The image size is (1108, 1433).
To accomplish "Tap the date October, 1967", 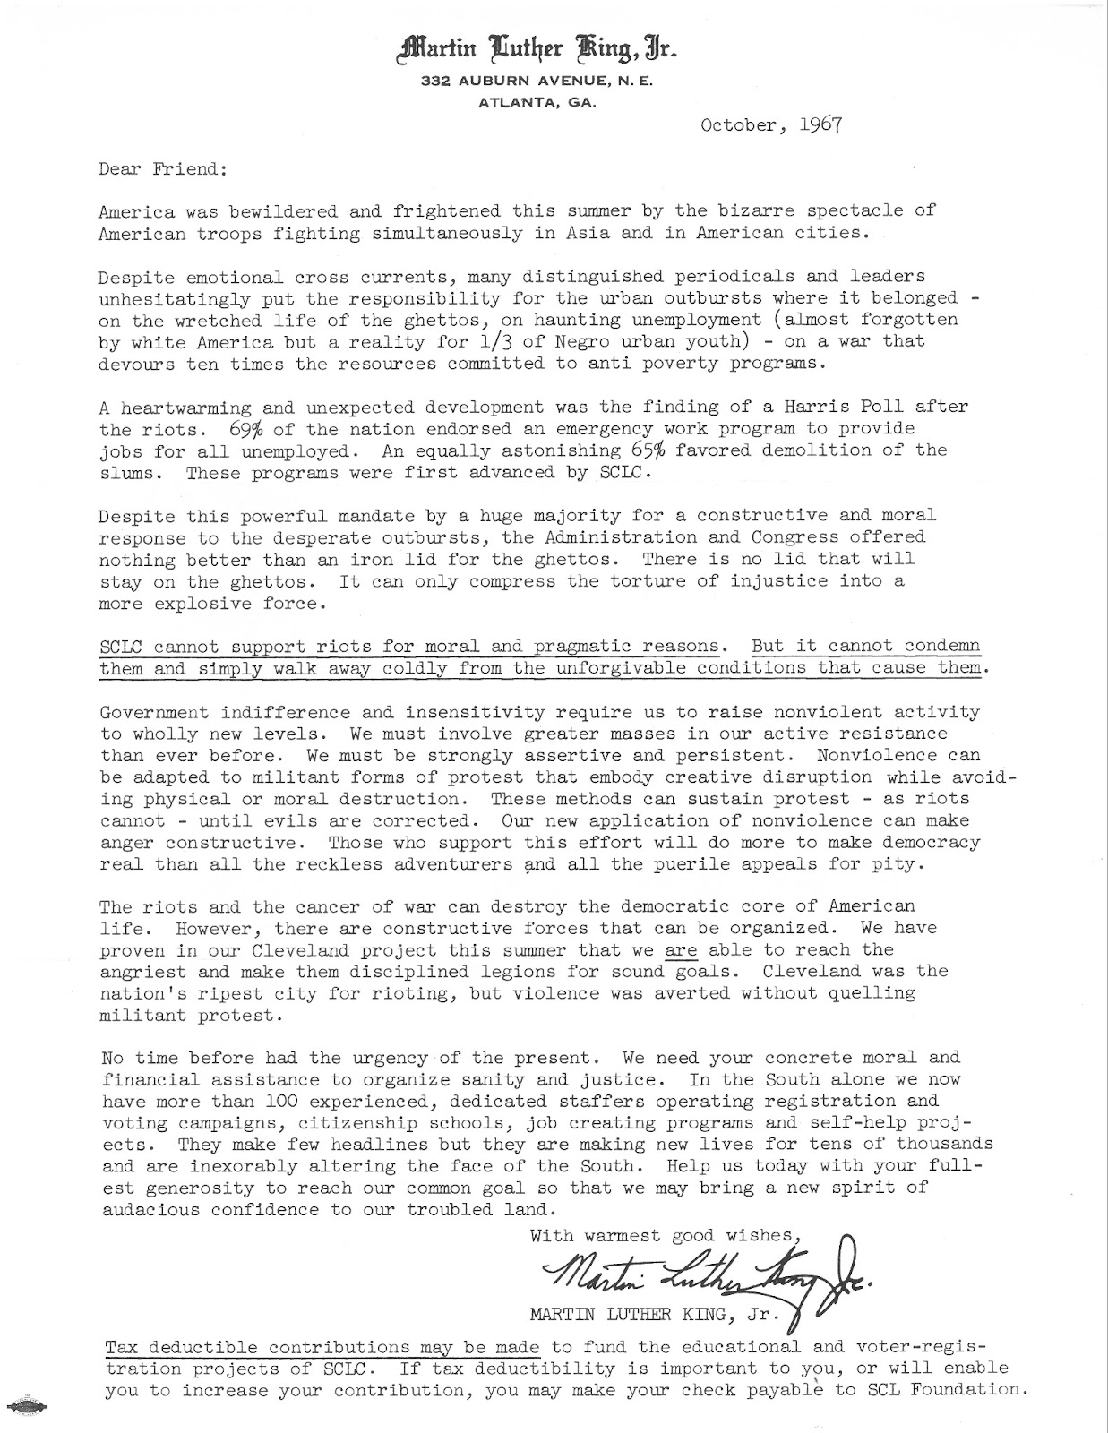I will click(x=771, y=124).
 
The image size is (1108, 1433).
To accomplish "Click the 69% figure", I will click(x=244, y=428).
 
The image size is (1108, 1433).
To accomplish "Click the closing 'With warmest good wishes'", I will click(x=663, y=1236).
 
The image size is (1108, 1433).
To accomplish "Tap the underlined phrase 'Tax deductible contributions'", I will click(x=258, y=1347).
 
